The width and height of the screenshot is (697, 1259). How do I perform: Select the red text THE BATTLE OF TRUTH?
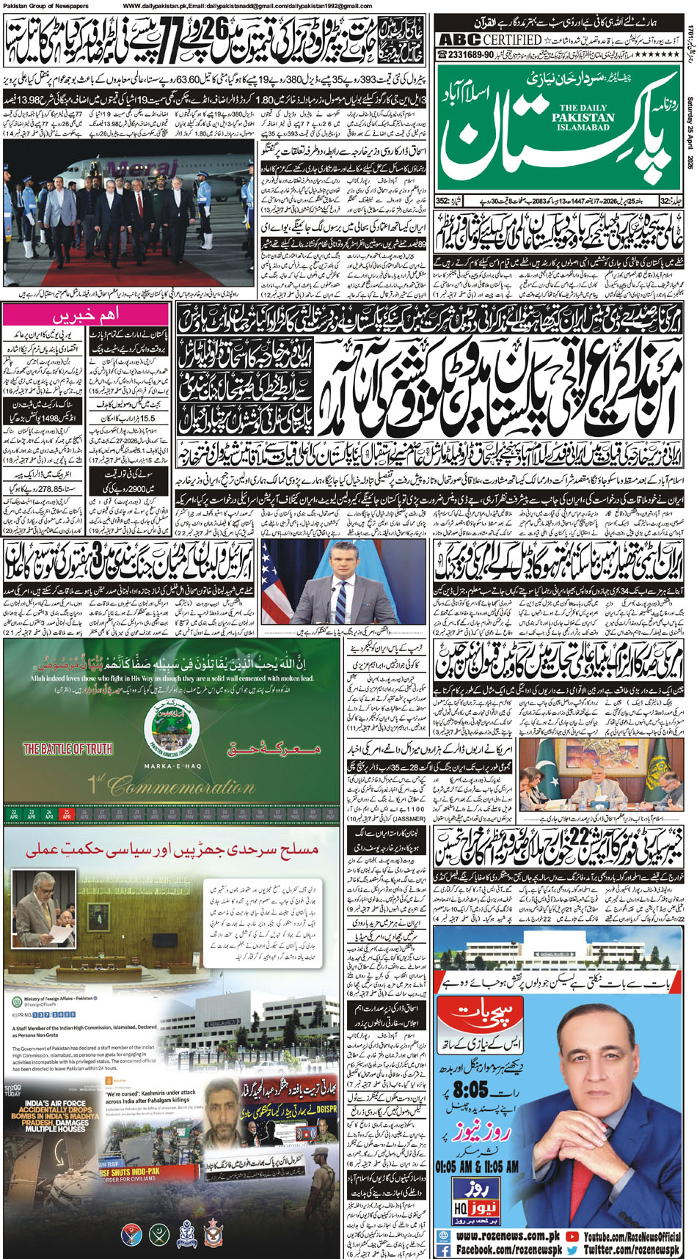coord(67,749)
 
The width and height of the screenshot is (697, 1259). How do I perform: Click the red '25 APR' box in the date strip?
coord(67,813)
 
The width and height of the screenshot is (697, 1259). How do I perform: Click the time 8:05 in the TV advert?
coord(470,1087)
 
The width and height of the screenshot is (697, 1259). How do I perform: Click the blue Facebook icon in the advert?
coord(443,1249)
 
